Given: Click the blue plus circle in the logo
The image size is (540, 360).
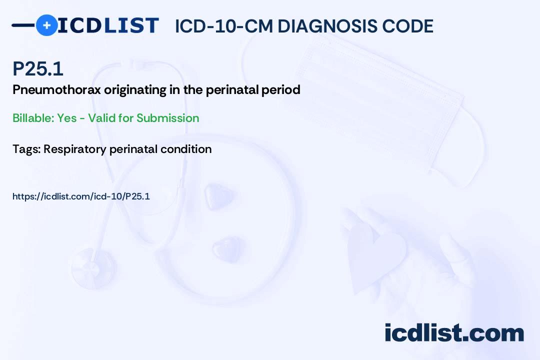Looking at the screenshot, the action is (46, 25).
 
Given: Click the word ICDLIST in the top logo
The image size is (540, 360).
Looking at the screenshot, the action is (108, 25).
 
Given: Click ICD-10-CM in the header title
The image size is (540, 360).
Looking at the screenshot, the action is (224, 26).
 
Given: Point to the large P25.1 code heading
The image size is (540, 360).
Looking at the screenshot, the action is (38, 68).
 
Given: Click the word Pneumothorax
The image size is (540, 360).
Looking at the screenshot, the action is (56, 90).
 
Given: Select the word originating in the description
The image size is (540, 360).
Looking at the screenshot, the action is (135, 90).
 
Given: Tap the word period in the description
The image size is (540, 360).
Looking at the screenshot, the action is (280, 90).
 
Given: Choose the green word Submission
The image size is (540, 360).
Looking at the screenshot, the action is (167, 118).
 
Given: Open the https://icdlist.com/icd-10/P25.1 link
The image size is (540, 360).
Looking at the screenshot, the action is (81, 196).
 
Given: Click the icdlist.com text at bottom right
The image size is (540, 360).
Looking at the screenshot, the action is (454, 332).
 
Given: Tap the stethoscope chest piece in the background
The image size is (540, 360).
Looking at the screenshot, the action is (93, 268).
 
